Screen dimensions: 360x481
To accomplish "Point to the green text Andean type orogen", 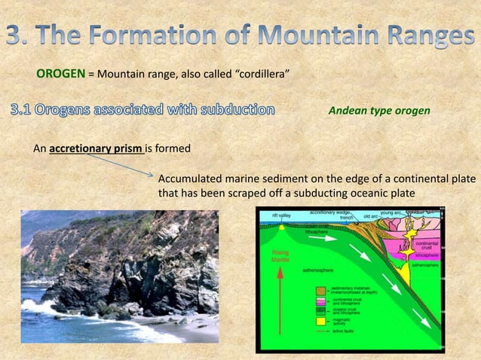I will point(379,111).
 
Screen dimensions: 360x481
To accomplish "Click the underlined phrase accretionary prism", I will point(96,148).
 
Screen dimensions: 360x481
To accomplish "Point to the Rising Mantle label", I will point(280,255).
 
